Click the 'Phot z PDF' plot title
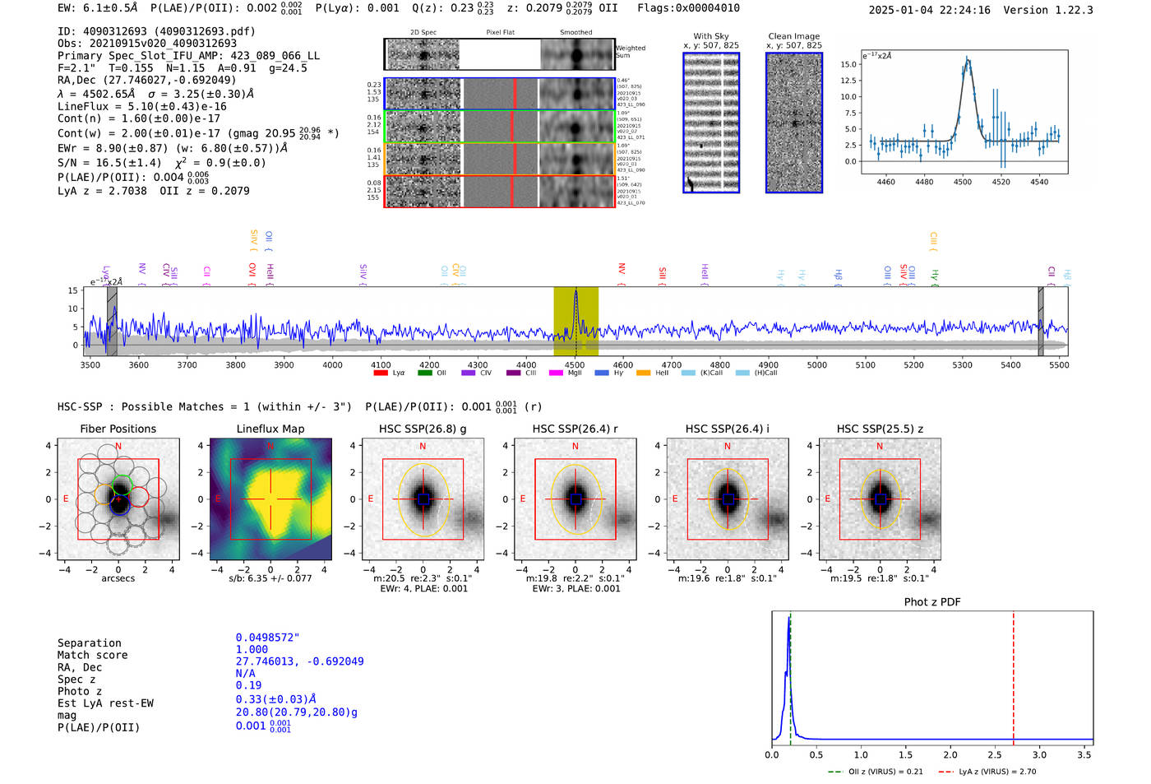click(x=932, y=602)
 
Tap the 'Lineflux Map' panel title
click(x=270, y=429)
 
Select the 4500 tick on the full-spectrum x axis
click(x=575, y=365)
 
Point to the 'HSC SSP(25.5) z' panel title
click(x=880, y=429)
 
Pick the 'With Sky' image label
click(x=710, y=36)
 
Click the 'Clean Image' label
click(x=793, y=36)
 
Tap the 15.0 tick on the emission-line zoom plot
click(x=848, y=64)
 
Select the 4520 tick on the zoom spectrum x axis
click(x=1001, y=182)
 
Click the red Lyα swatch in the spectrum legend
click(x=381, y=373)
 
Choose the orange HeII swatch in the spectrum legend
click(x=643, y=373)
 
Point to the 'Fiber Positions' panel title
click(x=118, y=429)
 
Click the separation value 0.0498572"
click(x=267, y=638)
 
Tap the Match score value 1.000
click(x=252, y=649)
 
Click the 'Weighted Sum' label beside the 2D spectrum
click(x=630, y=52)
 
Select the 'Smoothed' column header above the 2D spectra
click(x=575, y=33)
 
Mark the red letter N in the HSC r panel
click(x=575, y=447)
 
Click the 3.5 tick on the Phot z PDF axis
click(x=1084, y=754)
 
